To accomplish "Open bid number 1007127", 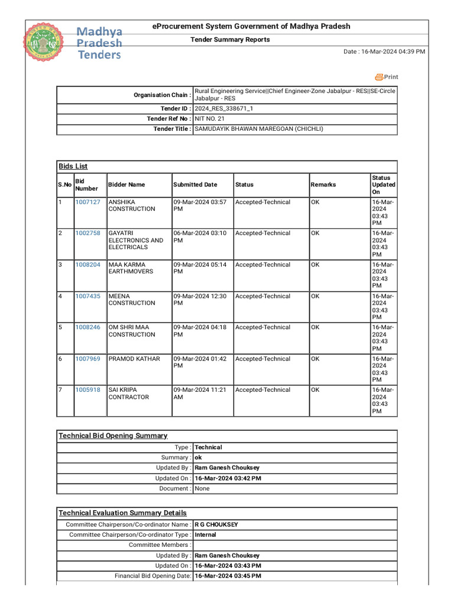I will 87,202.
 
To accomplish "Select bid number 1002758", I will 87,233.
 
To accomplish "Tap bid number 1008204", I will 87,265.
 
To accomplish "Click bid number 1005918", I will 87,390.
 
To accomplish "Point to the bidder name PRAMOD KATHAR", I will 134,359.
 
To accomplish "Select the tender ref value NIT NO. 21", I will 210,119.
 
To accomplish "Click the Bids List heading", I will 73,166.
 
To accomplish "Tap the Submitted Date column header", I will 195,185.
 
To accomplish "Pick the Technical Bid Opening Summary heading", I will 113,436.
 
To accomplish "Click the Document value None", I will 202,489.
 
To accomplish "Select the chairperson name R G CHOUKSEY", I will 216,524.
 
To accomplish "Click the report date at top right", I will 384,52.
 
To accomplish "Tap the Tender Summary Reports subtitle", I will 229,40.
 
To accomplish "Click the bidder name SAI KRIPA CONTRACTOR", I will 129,394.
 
